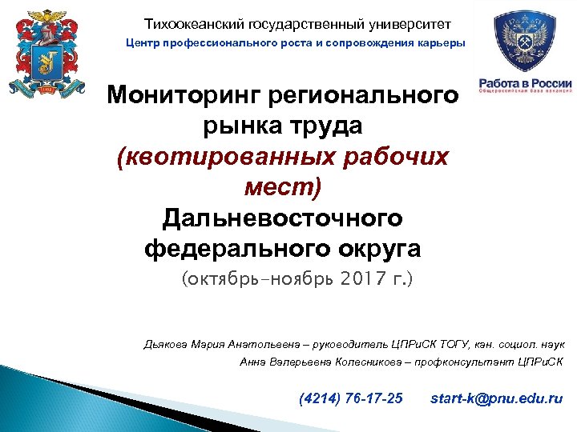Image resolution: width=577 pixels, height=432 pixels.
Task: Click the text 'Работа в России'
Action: coord(525,84)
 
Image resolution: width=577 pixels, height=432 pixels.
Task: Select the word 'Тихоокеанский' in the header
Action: coord(186,25)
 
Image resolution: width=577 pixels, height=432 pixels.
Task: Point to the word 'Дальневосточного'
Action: coord(282,218)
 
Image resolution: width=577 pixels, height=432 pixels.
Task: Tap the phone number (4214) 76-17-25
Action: coord(350,398)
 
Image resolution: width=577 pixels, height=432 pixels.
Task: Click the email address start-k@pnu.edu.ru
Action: coord(496,398)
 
